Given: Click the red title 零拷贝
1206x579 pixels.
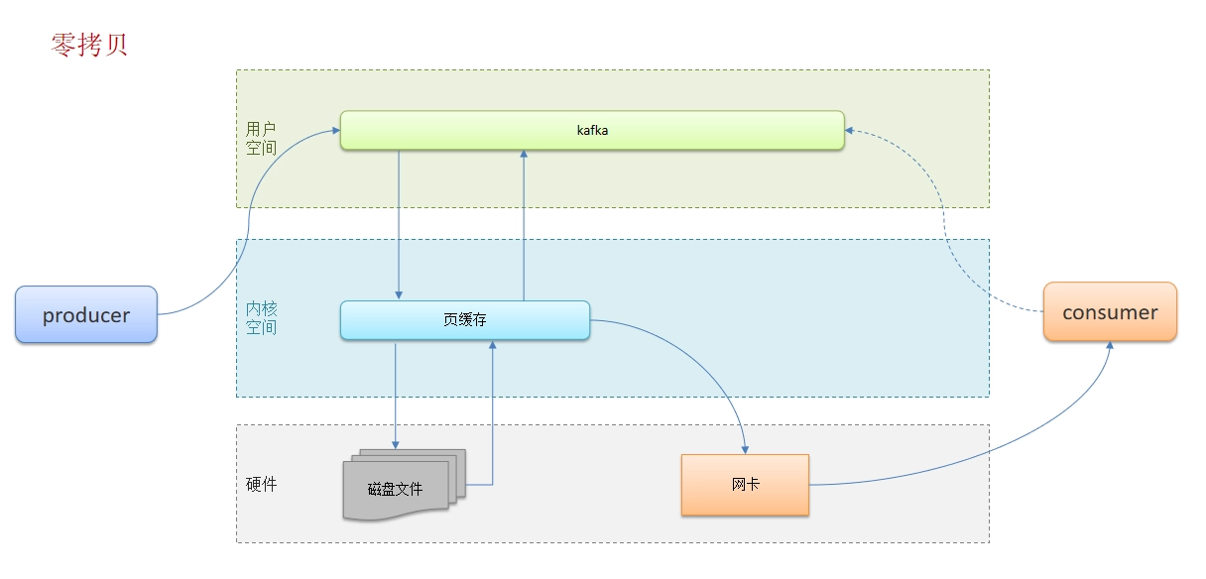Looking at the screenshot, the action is point(89,45).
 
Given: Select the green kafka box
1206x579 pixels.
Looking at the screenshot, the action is point(592,130).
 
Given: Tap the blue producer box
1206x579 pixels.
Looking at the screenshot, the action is point(86,315).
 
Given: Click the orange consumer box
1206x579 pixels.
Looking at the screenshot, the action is point(1110,312).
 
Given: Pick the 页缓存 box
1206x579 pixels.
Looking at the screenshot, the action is point(465,320).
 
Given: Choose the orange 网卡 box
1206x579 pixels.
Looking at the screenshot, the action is point(745,485).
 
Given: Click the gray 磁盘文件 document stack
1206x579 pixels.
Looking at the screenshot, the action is point(405,485).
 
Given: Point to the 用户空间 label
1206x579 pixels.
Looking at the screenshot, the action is point(261,138).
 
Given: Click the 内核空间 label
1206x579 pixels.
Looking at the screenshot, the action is point(261,318).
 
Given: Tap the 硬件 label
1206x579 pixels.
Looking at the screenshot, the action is point(261,484).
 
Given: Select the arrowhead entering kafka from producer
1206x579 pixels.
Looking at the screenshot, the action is point(336,130).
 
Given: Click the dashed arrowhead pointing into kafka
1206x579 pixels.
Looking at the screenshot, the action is point(849,130).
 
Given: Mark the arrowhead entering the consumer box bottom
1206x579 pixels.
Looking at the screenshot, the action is point(1110,345).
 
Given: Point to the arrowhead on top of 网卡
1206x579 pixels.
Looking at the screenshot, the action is point(745,450).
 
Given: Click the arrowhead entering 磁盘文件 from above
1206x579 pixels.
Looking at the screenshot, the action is point(395,445).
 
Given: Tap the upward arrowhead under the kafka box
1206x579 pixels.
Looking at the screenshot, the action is point(524,154).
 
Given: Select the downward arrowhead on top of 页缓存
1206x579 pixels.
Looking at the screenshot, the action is point(399,295).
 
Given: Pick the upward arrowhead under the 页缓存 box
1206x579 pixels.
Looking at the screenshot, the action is point(492,344).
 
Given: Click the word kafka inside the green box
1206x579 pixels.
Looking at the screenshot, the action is point(592,130).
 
